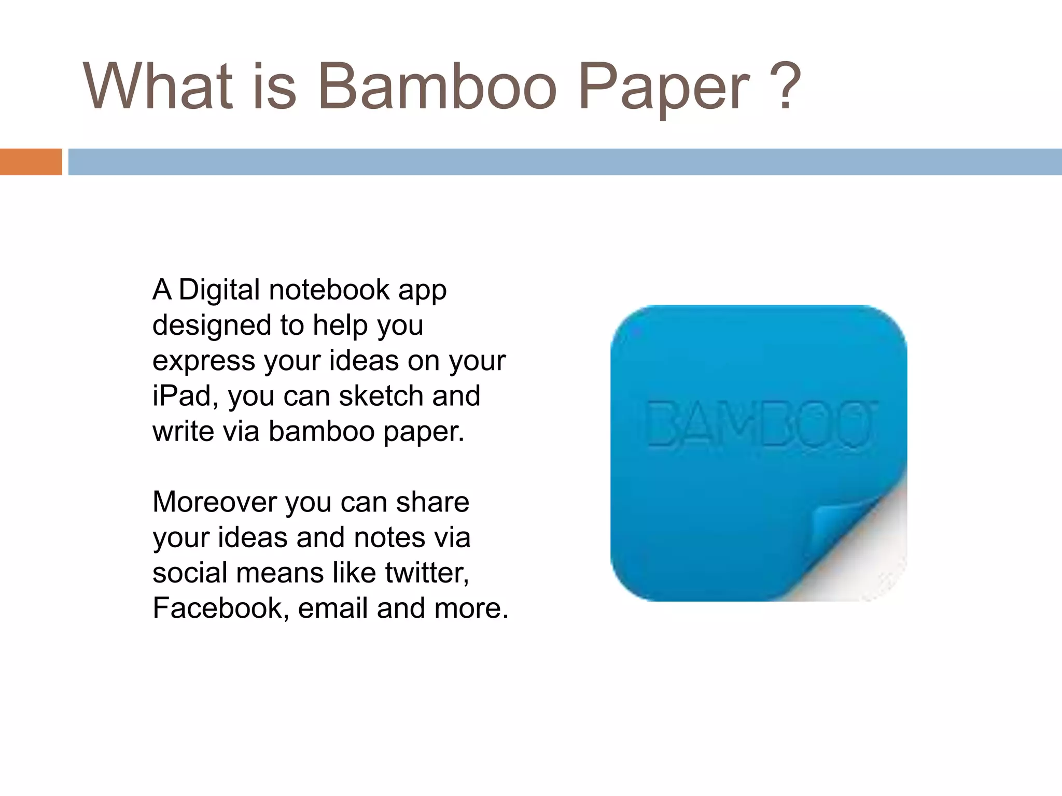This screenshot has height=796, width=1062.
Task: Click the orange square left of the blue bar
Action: [x=31, y=162]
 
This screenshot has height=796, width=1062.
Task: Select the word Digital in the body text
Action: [x=219, y=290]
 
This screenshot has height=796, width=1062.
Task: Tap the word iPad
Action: [x=182, y=396]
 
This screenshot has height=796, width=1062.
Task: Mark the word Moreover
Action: [x=214, y=502]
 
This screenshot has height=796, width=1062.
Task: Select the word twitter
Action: [x=426, y=573]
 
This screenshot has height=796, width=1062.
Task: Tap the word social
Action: [x=190, y=573]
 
